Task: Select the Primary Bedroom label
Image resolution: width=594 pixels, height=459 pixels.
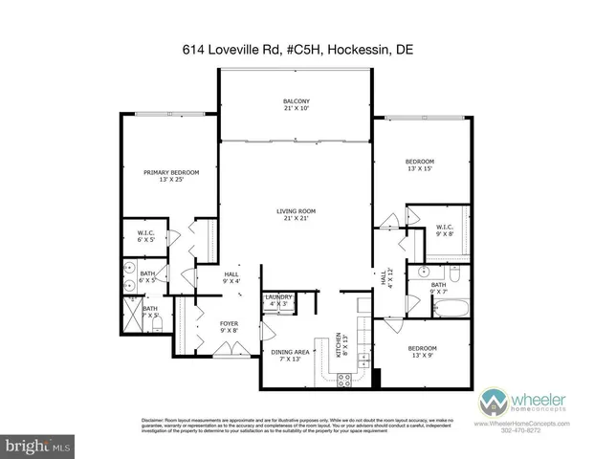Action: coord(171,176)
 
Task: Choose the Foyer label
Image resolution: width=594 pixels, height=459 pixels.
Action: coord(230,328)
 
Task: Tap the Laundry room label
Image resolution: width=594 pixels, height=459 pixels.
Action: coord(278,301)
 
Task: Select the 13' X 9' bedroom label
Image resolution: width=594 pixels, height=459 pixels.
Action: coord(422,351)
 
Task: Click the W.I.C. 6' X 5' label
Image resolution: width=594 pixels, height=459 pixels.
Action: coord(147,236)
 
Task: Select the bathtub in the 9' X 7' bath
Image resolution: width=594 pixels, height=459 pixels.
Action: coord(450,309)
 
